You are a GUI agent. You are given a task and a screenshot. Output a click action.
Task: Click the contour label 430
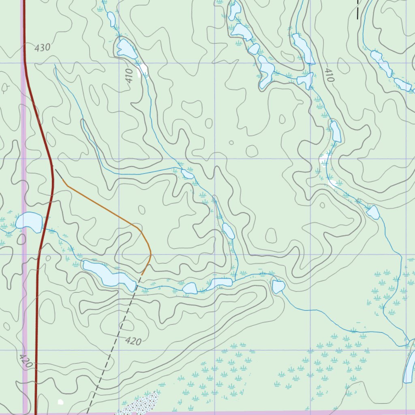coord(42,48)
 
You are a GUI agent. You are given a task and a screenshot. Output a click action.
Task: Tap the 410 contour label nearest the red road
coord(129,75)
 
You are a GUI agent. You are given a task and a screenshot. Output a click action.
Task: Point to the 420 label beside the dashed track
coord(133,341)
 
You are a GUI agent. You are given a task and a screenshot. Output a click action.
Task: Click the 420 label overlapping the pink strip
coord(25,360)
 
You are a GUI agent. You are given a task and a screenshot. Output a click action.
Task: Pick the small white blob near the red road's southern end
coord(61,402)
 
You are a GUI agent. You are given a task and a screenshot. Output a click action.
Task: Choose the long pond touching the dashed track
coord(109,276)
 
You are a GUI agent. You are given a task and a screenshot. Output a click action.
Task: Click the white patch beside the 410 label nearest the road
coord(143,71)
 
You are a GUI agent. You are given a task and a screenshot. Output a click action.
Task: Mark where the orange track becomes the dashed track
coord(142,274)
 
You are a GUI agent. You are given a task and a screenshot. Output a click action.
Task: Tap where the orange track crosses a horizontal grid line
coord(150,255)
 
